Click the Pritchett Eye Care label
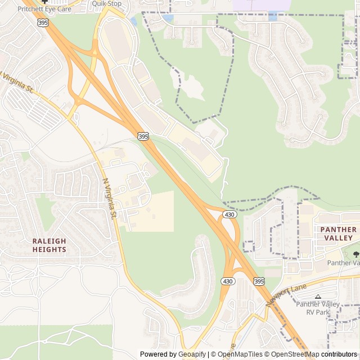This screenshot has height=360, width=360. pyautogui.click(x=44, y=10)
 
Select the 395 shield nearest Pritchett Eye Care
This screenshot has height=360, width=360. pyautogui.click(x=43, y=22)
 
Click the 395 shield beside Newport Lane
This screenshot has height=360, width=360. pyautogui.click(x=259, y=281)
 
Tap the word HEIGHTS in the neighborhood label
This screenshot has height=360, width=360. pyautogui.click(x=49, y=249)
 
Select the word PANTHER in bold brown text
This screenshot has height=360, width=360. pyautogui.click(x=338, y=229)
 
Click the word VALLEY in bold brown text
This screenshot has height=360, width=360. pyautogui.click(x=338, y=238)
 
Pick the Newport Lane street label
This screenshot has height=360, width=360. pyautogui.click(x=286, y=295)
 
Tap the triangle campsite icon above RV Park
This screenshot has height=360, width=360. pyautogui.click(x=318, y=296)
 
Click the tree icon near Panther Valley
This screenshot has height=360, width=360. pyautogui.click(x=355, y=254)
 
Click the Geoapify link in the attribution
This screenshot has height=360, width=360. pyautogui.click(x=192, y=354)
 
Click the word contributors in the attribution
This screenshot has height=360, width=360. pyautogui.click(x=339, y=354)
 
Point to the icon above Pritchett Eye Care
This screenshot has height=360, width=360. pyautogui.click(x=44, y=2)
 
